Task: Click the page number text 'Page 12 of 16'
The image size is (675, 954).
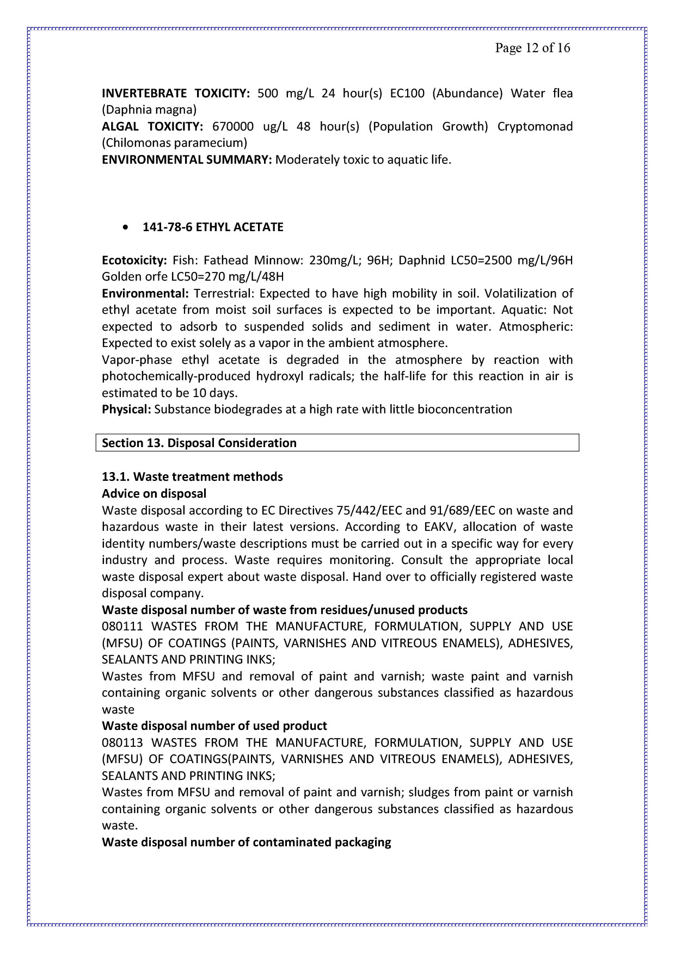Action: (532, 48)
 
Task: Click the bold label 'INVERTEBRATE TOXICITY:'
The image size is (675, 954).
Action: (175, 94)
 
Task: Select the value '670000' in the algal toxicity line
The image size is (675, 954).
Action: (232, 127)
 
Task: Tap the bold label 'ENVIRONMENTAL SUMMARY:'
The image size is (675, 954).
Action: (187, 160)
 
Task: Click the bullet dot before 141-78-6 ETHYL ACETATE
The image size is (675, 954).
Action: (126, 227)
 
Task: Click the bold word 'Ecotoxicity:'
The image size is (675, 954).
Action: (134, 260)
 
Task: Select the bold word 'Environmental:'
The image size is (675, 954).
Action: (145, 294)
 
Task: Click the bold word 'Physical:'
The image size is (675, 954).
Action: (126, 410)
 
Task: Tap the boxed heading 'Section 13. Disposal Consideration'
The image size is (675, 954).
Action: (199, 443)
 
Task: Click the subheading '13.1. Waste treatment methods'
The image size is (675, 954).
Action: (192, 477)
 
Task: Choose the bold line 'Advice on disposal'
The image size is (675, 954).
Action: (154, 494)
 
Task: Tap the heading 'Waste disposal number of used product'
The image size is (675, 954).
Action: (214, 726)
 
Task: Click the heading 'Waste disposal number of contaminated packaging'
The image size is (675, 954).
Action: (247, 843)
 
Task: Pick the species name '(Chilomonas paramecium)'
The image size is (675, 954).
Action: (174, 144)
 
